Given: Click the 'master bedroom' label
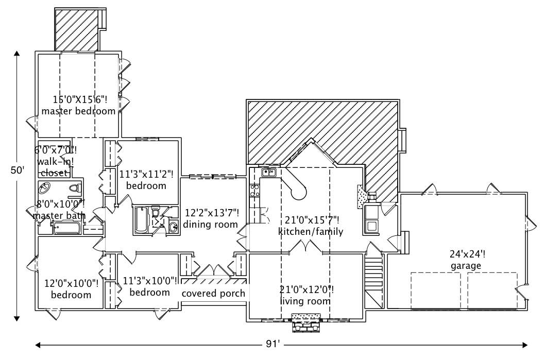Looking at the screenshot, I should click(x=78, y=111).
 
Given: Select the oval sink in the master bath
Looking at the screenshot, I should click(x=45, y=187).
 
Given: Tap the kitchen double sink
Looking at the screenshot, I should click(x=269, y=173).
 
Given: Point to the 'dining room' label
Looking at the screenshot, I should click(x=211, y=225).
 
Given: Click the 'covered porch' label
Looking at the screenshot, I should click(x=213, y=293).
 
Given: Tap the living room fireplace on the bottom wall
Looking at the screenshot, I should click(x=306, y=321).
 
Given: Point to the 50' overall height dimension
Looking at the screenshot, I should click(x=17, y=170).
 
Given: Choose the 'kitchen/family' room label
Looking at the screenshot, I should click(x=311, y=231).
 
